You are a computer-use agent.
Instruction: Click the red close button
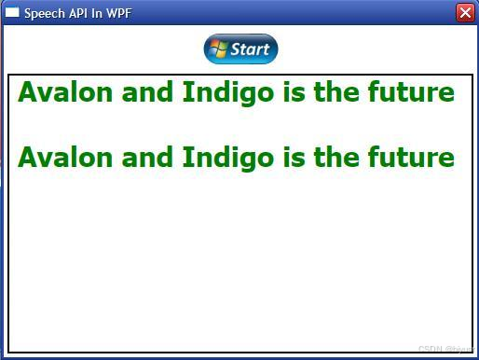pos(465,12)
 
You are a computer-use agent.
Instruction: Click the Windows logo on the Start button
pos(218,49)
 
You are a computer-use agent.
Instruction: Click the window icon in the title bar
pos(12,13)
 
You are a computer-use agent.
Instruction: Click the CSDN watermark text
pos(445,349)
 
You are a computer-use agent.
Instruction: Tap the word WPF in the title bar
pos(117,13)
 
